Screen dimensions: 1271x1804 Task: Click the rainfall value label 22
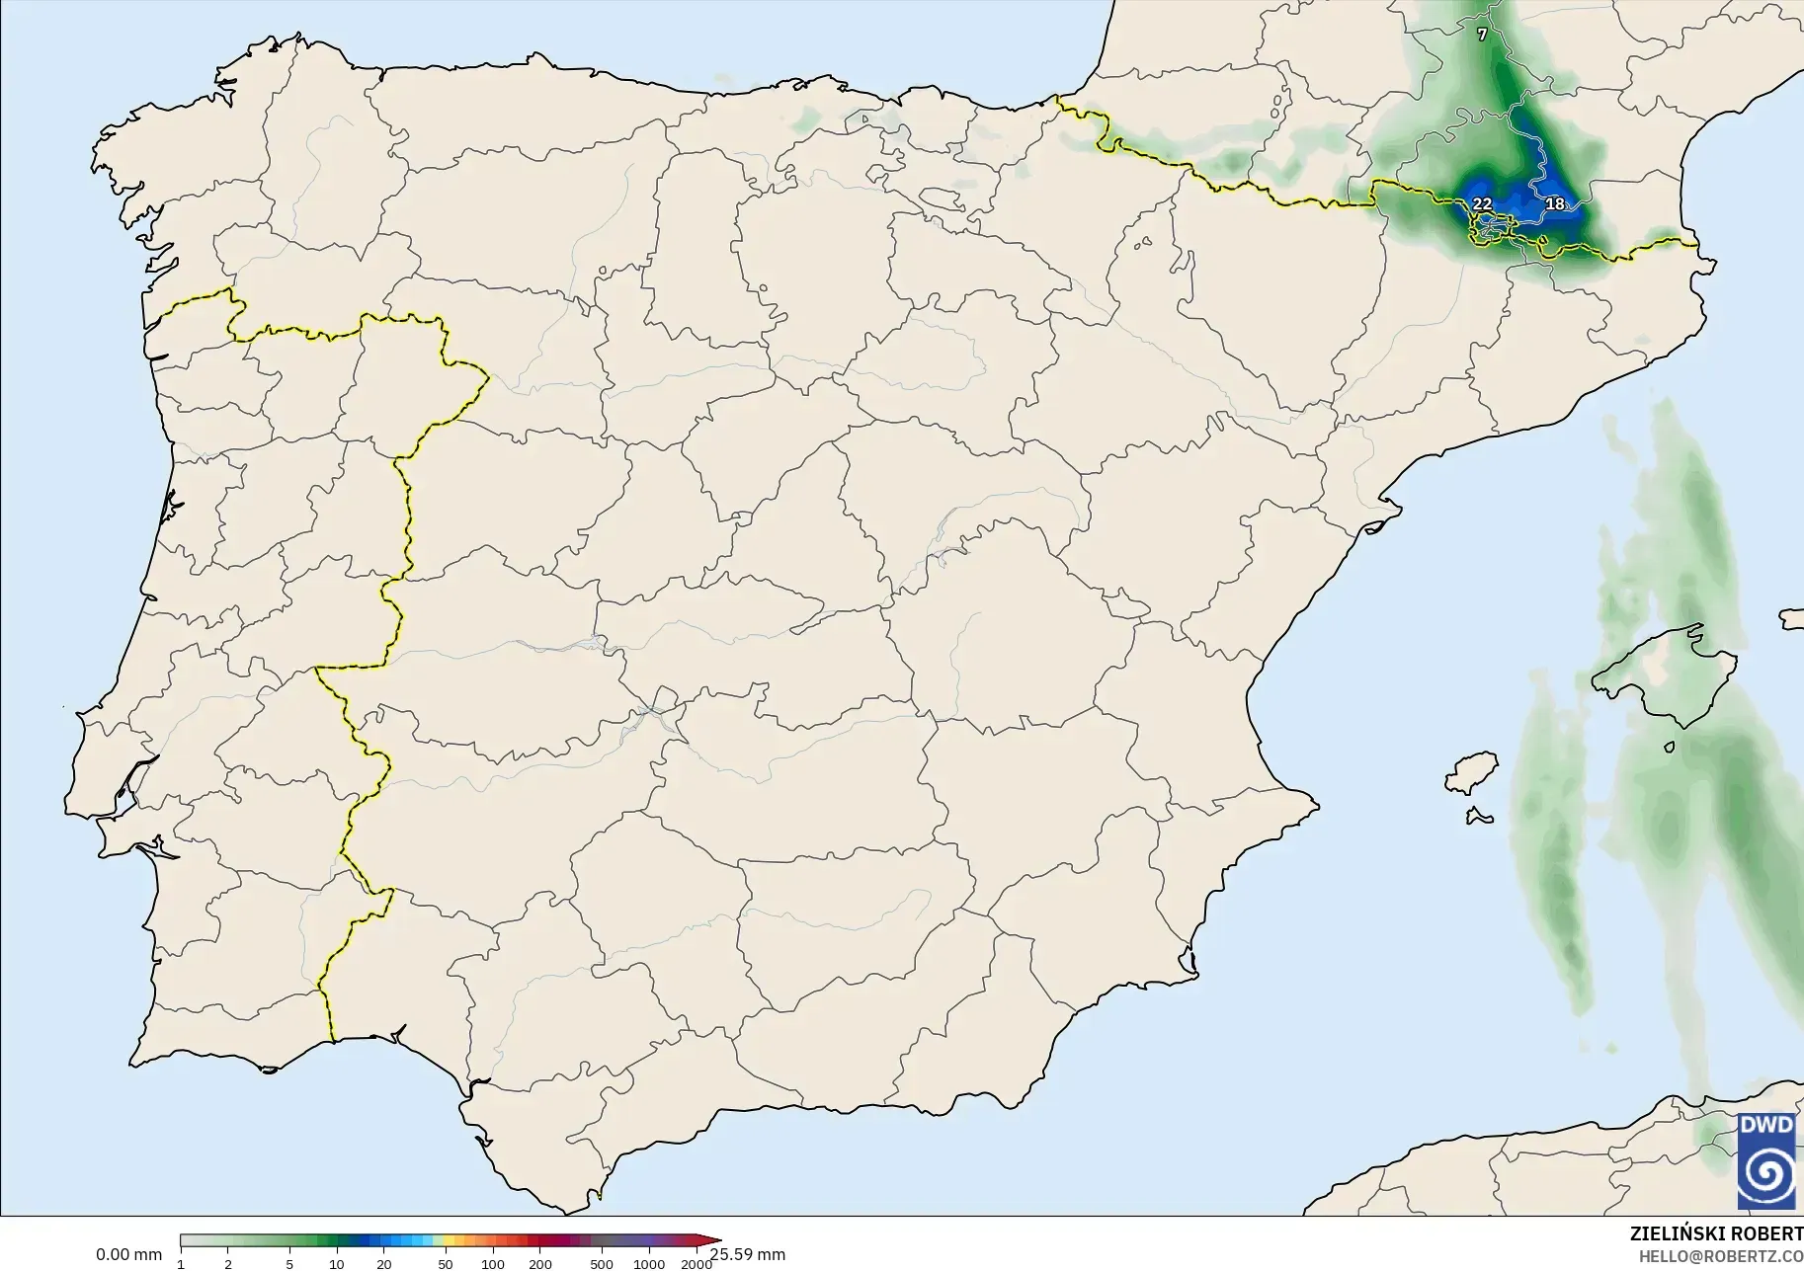pyautogui.click(x=1482, y=203)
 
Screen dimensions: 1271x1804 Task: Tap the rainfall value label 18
pyautogui.click(x=1555, y=203)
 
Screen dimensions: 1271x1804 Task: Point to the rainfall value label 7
pyautogui.click(x=1482, y=35)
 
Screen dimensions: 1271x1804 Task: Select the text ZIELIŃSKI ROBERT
pyautogui.click(x=1716, y=1234)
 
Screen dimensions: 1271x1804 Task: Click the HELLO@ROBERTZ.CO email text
pyautogui.click(x=1721, y=1256)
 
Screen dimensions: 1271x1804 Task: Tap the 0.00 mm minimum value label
pyautogui.click(x=128, y=1254)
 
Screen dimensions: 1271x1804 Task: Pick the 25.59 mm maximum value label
pyautogui.click(x=748, y=1254)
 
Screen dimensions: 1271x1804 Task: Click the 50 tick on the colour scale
pyautogui.click(x=446, y=1263)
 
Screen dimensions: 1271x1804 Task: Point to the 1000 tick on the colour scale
pyautogui.click(x=649, y=1263)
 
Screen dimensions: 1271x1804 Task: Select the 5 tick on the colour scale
pyautogui.click(x=289, y=1263)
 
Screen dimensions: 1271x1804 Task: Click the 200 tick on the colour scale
pyautogui.click(x=539, y=1263)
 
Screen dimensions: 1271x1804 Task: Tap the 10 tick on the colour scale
pyautogui.click(x=337, y=1263)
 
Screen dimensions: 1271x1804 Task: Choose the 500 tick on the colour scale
pyautogui.click(x=602, y=1263)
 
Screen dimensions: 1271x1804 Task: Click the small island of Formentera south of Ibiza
pyautogui.click(x=1479, y=816)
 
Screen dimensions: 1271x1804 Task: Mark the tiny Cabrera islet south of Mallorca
pyautogui.click(x=1669, y=748)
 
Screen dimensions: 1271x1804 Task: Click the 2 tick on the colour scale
pyautogui.click(x=228, y=1263)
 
